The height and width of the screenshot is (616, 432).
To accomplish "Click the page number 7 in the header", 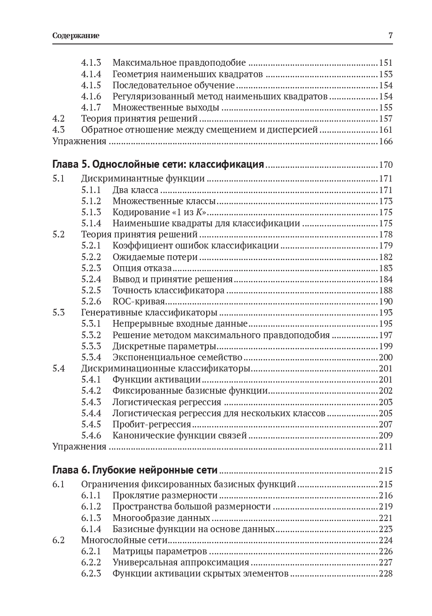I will tap(390, 36).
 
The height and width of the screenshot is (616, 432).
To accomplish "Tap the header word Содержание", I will tap(75, 36).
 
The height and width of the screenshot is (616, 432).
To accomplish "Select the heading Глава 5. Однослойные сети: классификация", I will tap(158, 165).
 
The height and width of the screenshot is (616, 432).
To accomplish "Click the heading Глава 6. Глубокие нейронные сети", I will tap(135, 470).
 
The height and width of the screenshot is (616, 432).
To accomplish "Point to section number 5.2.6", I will tap(91, 301).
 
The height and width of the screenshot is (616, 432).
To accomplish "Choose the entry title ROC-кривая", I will tap(138, 301).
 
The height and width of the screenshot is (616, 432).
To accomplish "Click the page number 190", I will tap(385, 301).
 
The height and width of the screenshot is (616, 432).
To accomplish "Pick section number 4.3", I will tap(59, 130).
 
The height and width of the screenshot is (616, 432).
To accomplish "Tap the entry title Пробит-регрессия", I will tap(152, 424).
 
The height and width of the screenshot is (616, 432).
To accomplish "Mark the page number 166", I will tap(385, 141).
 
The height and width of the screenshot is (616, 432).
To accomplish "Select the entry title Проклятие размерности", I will tap(165, 495).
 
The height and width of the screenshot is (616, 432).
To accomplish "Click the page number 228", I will tap(385, 573).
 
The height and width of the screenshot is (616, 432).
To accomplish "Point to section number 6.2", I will tap(59, 540).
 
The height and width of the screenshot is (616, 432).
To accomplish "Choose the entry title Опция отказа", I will tap(142, 268).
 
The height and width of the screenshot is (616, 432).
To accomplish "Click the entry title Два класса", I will tap(135, 190).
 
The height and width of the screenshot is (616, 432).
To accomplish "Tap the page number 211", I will tap(385, 446).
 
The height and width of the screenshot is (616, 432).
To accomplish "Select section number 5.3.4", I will tap(91, 357).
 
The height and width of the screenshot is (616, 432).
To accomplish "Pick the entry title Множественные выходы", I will tap(166, 107).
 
